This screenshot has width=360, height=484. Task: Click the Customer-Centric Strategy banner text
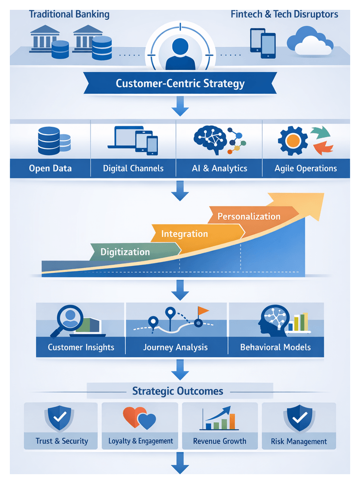(x=180, y=83)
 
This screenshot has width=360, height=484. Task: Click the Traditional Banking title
(x=69, y=14)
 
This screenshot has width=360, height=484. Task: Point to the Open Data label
(x=50, y=168)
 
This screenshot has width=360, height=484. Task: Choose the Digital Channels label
(x=133, y=168)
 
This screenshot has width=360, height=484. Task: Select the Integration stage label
(x=185, y=234)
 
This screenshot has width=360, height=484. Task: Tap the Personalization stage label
(x=249, y=216)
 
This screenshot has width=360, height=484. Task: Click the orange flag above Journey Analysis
(x=203, y=311)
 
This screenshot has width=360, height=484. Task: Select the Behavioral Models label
(x=275, y=347)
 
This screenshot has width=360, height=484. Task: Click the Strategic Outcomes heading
(x=178, y=391)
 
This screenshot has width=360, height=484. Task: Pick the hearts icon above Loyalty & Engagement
(x=140, y=419)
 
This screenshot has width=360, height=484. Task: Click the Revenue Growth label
(x=220, y=441)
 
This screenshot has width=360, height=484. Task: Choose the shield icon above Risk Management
(x=299, y=419)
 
